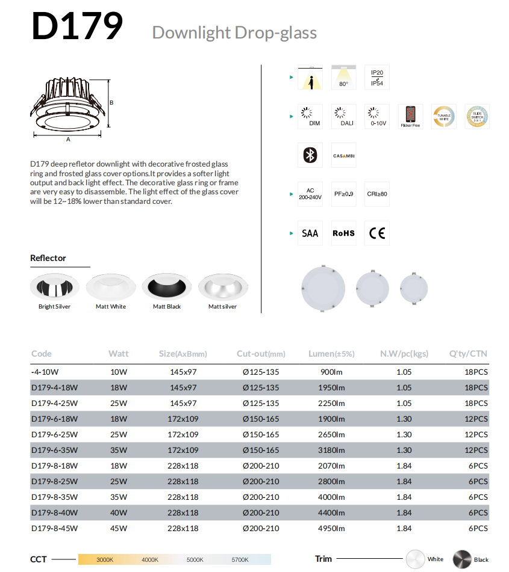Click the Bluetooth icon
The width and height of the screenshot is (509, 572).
coord(310,155)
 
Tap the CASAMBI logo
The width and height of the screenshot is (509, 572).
coord(343,156)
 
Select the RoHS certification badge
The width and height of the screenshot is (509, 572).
coord(343,233)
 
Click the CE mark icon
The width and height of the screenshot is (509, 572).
coord(377,233)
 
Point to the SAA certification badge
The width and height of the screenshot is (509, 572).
coord(310,233)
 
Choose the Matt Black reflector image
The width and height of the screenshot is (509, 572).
coord(167,288)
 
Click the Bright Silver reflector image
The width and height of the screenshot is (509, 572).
coord(54,288)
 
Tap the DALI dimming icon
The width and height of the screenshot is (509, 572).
coord(343,116)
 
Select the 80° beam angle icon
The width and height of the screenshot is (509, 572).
coord(343,78)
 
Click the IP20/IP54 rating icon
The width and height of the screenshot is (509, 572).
coord(377,78)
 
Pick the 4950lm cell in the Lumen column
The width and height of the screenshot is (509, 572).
coord(331,528)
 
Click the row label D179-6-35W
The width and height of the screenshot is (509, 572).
coord(54,450)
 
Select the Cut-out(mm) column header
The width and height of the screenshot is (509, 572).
coord(261,354)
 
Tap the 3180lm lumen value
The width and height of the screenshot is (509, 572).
coord(331,450)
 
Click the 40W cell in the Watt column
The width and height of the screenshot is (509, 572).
coord(119,512)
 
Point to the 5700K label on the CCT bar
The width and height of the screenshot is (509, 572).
coord(240,559)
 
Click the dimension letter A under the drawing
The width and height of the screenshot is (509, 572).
coord(68,140)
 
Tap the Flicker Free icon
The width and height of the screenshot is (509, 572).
coord(410,116)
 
